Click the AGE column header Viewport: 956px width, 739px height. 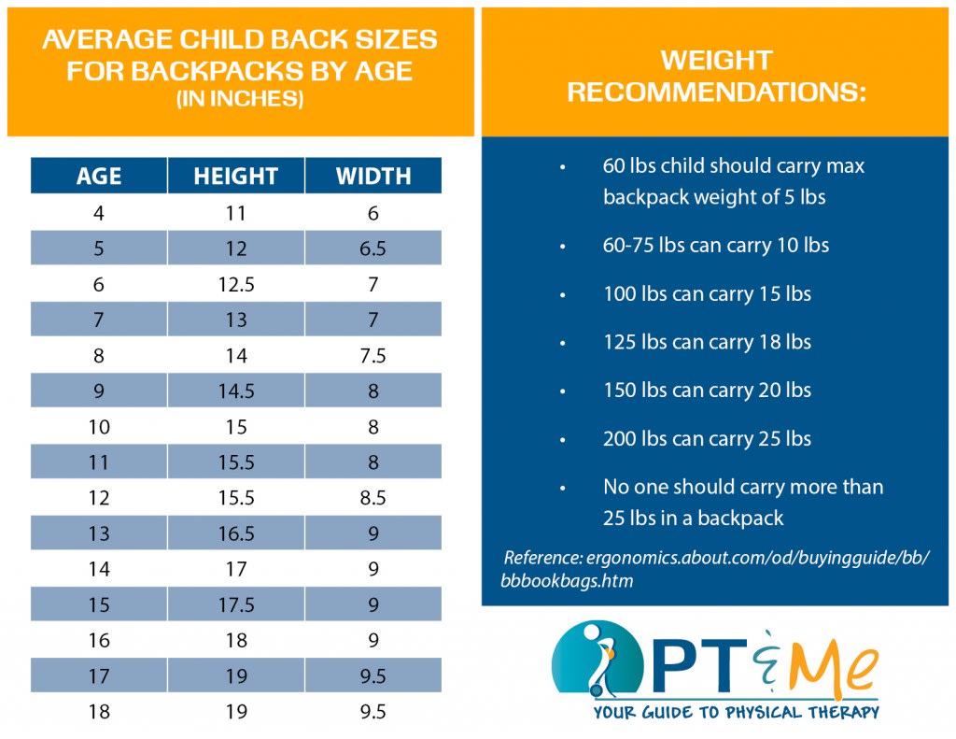click(99, 176)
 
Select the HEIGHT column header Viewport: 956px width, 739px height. click(235, 176)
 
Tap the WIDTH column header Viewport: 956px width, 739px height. click(373, 176)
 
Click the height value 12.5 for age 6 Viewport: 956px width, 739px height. click(235, 284)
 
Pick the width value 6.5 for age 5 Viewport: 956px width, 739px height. click(373, 249)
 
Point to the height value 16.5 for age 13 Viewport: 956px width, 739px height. click(235, 533)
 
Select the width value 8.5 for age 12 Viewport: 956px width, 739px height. click(373, 498)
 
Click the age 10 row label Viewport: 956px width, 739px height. click(99, 427)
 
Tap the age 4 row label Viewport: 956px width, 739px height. click(99, 213)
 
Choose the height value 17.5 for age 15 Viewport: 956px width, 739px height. click(235, 604)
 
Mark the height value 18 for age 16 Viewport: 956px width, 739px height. click(235, 640)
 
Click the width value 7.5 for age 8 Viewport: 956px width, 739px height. click(373, 356)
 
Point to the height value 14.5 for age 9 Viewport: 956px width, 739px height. click(235, 391)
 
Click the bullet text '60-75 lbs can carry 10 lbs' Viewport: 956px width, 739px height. click(716, 246)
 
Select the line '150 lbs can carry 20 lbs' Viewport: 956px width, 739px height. click(707, 391)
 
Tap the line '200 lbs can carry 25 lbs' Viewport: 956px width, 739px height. click(707, 439)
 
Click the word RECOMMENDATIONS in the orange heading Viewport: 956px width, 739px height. click(717, 93)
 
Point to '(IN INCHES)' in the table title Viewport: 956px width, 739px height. click(240, 100)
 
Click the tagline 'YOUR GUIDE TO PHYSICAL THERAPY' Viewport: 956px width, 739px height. click(736, 712)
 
